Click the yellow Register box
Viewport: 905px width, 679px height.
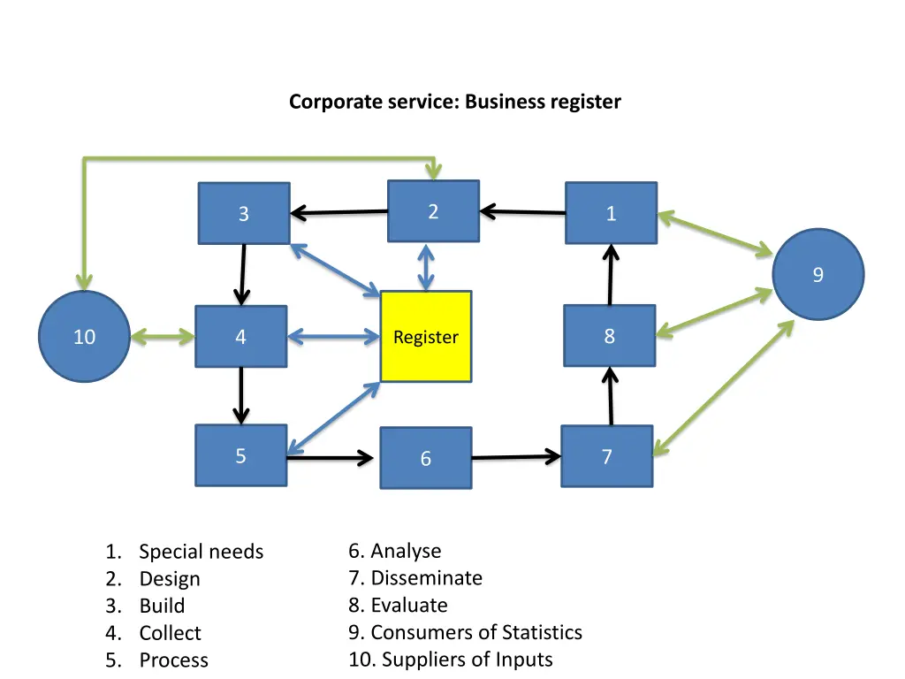tap(426, 337)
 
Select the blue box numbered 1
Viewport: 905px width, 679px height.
tap(611, 213)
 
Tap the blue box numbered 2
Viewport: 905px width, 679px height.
tap(433, 211)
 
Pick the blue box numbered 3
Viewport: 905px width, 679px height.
tap(244, 213)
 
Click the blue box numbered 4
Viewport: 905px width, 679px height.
tap(241, 336)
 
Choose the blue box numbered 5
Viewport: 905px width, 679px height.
tap(241, 456)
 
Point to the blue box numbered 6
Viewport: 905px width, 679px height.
tap(426, 458)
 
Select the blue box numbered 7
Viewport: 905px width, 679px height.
tap(607, 457)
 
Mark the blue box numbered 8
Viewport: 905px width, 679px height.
tap(610, 336)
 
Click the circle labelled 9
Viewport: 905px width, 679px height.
tap(818, 275)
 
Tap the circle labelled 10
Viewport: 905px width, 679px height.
tap(85, 337)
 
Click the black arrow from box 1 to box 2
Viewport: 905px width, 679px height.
tap(523, 212)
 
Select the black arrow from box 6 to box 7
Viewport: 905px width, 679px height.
tap(516, 457)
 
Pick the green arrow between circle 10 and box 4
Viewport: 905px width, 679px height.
tap(163, 337)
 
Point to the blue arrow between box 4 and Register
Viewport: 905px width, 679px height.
tap(333, 337)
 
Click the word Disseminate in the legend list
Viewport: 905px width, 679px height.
tap(427, 578)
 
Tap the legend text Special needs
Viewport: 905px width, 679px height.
tap(202, 553)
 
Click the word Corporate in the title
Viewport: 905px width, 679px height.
tap(326, 102)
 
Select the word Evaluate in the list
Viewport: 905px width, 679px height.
tap(409, 606)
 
